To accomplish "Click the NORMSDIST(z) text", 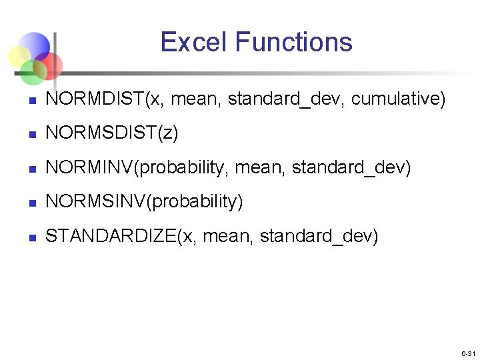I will [x=111, y=133].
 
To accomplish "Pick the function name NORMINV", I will [x=89, y=167].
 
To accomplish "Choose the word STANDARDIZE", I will [x=110, y=235].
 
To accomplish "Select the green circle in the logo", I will [x=31, y=72].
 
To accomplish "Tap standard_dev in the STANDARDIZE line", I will [x=319, y=235].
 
